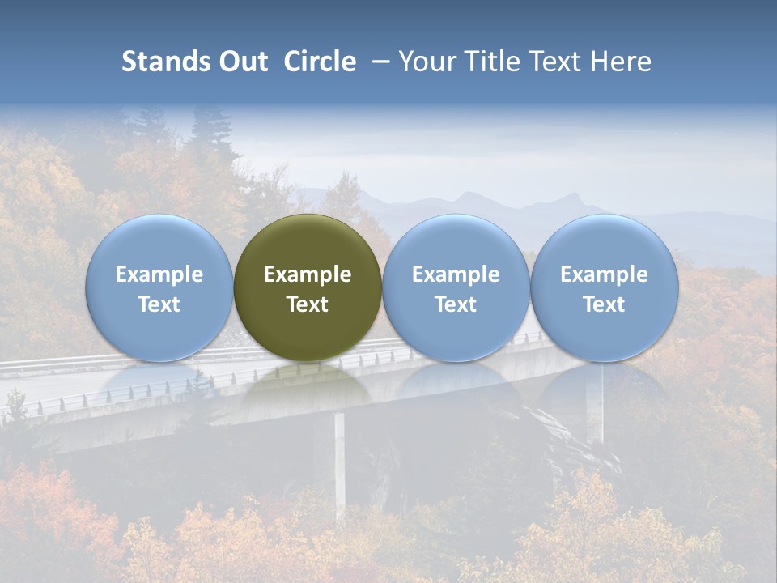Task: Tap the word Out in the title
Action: tap(242, 62)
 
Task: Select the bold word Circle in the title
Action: tap(320, 62)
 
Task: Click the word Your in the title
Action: tap(425, 62)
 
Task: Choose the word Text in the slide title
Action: tap(553, 62)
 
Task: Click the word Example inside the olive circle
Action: tap(308, 274)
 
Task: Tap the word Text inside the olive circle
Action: tap(308, 304)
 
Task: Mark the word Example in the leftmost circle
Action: tap(159, 274)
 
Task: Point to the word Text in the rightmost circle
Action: tap(604, 304)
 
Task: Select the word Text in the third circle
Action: tap(456, 304)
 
